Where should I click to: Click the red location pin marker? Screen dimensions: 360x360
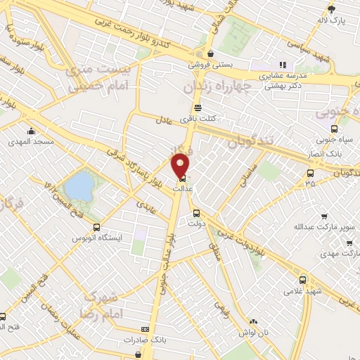click(181, 165)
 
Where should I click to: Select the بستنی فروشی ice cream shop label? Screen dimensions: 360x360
click(209, 63)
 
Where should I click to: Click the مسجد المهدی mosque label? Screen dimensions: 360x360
click(32, 141)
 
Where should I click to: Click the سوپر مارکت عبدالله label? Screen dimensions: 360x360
click(323, 228)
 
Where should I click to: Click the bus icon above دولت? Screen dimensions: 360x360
click(196, 212)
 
